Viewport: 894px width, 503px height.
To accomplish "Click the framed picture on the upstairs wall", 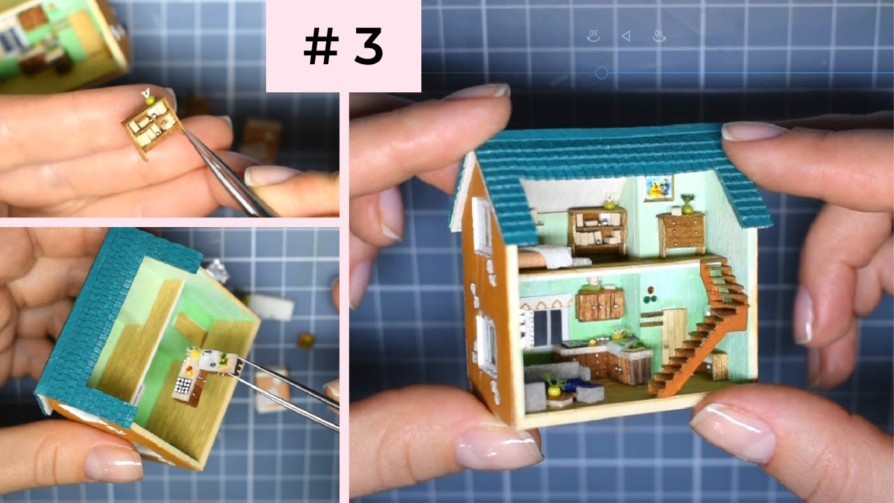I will tap(658, 187).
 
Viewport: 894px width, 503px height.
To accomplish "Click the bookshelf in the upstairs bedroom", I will tap(597, 231).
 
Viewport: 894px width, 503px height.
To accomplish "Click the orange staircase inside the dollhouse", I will tap(702, 328).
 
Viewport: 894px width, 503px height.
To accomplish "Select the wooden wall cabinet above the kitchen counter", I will tap(599, 304).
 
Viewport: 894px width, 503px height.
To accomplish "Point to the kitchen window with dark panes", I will tap(547, 327).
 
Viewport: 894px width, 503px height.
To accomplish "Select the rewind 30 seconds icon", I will tap(594, 36).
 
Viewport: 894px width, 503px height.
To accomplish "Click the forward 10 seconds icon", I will tap(659, 36).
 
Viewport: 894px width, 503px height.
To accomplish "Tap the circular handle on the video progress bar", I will tap(601, 73).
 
